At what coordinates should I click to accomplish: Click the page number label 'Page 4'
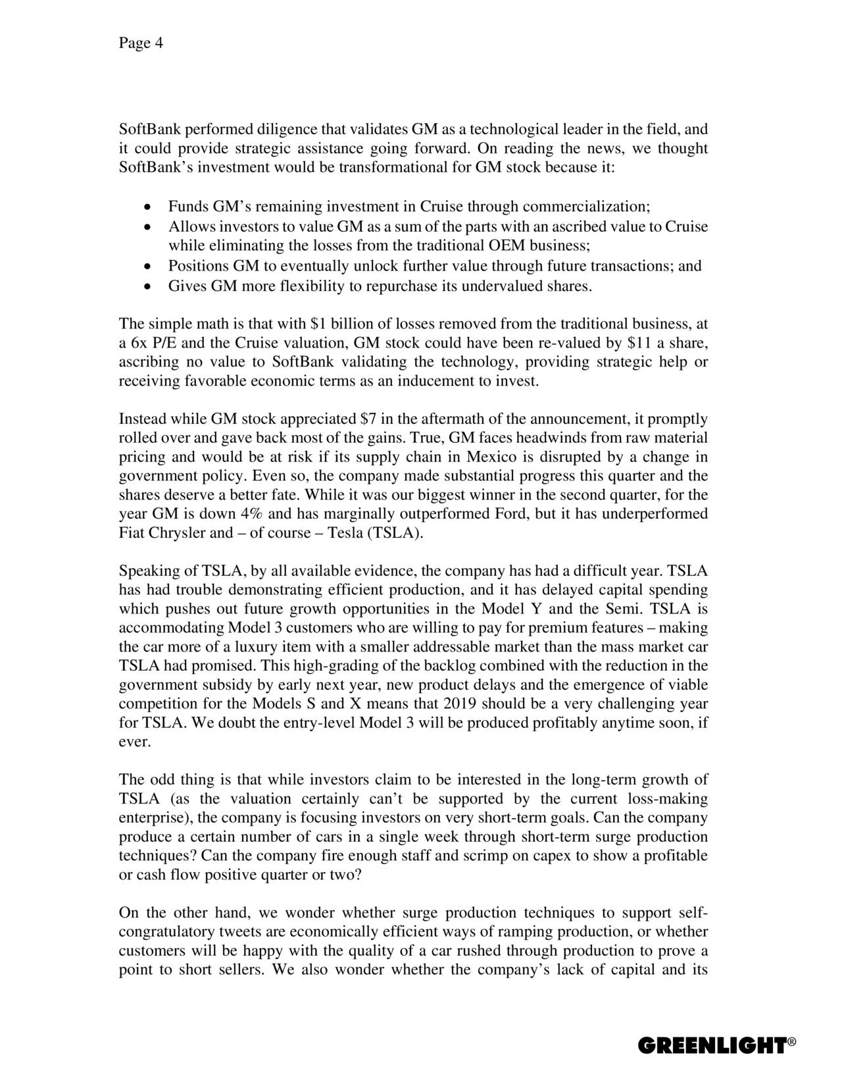click(140, 43)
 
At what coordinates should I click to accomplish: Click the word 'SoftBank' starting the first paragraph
click(145, 129)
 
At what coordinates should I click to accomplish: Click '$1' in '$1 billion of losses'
click(317, 324)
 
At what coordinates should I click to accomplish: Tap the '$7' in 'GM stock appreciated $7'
click(369, 419)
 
